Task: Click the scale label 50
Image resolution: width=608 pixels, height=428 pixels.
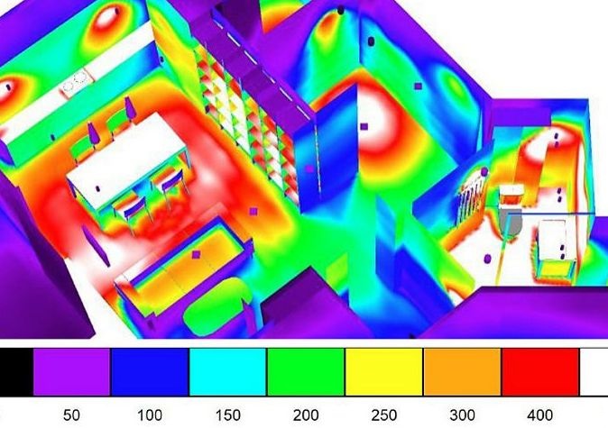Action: [x=71, y=415]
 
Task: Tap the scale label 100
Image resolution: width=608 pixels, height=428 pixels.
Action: [x=150, y=415]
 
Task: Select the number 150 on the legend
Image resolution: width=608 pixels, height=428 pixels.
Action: [x=227, y=415]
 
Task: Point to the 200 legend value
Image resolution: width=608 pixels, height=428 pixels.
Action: [x=306, y=415]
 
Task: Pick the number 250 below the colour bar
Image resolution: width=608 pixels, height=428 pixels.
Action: [x=384, y=415]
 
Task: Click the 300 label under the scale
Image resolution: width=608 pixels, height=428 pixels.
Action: [x=462, y=415]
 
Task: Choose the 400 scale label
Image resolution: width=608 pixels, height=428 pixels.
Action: [x=539, y=415]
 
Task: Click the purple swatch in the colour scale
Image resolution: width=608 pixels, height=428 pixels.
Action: [x=72, y=372]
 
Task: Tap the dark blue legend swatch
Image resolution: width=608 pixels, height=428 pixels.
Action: [x=150, y=372]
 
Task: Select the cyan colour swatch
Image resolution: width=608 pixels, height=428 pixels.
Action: [x=228, y=372]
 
